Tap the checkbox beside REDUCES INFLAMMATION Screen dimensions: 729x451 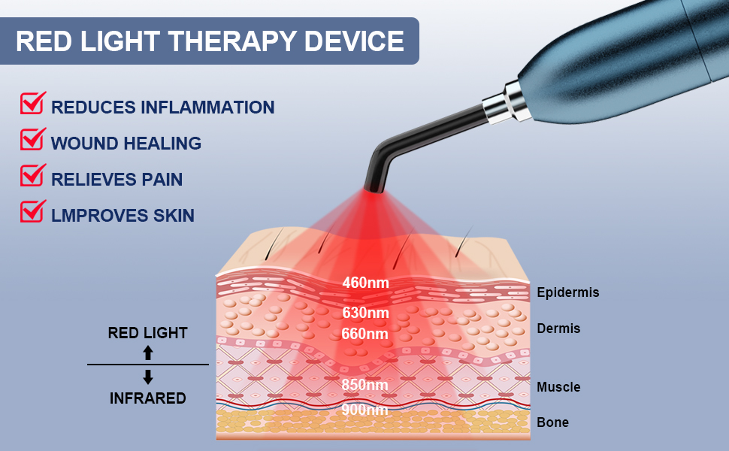[32, 103]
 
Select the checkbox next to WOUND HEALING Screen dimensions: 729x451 [32, 139]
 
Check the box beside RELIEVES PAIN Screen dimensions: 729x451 [32, 175]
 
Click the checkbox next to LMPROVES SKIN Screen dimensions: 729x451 [32, 211]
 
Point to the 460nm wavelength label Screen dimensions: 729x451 [365, 282]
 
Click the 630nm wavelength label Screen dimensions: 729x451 [365, 313]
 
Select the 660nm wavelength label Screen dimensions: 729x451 [364, 334]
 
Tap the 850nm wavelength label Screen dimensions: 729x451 [364, 385]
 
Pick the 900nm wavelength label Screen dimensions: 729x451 [364, 409]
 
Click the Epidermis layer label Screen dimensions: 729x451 [567, 292]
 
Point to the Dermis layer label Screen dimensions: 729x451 [558, 328]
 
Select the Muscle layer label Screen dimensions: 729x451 [558, 387]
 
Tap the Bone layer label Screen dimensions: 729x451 [553, 422]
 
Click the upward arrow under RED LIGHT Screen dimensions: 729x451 [148, 353]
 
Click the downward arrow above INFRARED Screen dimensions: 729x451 [148, 377]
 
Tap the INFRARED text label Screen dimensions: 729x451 [148, 398]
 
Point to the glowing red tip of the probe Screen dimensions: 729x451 [374, 189]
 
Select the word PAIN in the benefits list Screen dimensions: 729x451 [162, 180]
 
